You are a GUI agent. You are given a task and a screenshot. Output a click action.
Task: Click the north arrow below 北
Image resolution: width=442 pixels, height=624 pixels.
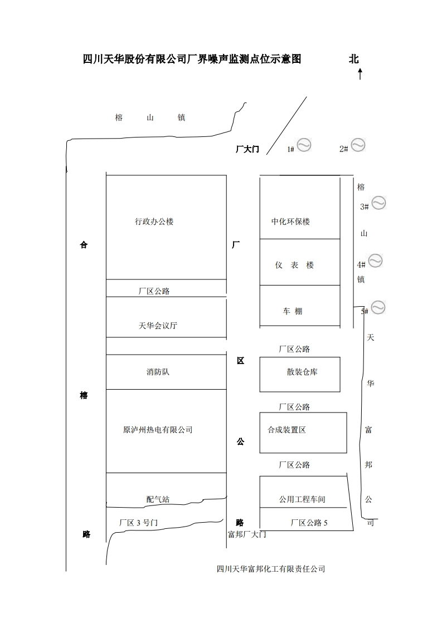pyautogui.click(x=360, y=73)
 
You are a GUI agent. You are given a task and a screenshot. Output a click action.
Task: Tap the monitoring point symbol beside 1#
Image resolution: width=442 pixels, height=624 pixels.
pyautogui.click(x=304, y=145)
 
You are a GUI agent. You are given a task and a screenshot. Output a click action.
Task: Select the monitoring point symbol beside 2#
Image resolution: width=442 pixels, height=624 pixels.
pyautogui.click(x=357, y=145)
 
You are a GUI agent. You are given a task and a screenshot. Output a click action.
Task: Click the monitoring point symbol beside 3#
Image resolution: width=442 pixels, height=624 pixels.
pyautogui.click(x=378, y=203)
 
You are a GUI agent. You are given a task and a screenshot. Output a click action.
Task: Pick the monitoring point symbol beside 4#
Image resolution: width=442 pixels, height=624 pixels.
pyautogui.click(x=375, y=261)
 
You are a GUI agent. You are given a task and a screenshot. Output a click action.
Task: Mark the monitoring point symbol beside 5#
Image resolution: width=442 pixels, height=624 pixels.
pyautogui.click(x=378, y=307)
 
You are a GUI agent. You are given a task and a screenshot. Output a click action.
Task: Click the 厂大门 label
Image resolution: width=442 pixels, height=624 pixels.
pyautogui.click(x=247, y=149)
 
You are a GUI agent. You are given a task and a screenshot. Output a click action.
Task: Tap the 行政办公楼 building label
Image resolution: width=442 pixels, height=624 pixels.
pyautogui.click(x=154, y=222)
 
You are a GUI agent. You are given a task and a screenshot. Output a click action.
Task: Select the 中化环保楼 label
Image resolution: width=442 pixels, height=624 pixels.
pyautogui.click(x=290, y=222)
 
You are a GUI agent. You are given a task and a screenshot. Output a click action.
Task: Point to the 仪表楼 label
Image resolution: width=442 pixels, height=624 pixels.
pyautogui.click(x=294, y=265)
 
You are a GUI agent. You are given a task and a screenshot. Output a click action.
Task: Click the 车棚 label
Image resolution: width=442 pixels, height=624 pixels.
pyautogui.click(x=292, y=312)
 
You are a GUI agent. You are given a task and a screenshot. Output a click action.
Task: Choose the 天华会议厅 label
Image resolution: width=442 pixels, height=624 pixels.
pyautogui.click(x=158, y=326)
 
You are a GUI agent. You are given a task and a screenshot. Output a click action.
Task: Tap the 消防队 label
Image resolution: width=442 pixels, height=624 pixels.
pyautogui.click(x=158, y=372)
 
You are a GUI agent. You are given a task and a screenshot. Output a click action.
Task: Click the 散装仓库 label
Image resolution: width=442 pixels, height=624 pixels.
pyautogui.click(x=302, y=372)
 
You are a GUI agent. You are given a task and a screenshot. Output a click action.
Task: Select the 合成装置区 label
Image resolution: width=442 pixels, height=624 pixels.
pyautogui.click(x=286, y=430)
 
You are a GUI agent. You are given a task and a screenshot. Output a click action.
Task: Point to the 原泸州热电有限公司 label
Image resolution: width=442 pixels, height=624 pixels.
pyautogui.click(x=158, y=430)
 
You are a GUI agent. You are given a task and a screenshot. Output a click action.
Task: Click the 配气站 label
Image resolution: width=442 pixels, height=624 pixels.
pyautogui.click(x=158, y=499)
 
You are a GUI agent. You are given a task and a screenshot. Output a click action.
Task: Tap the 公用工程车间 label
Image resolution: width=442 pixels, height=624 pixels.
pyautogui.click(x=302, y=499)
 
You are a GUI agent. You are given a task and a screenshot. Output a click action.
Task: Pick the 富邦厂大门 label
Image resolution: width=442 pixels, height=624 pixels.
pyautogui.click(x=247, y=534)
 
